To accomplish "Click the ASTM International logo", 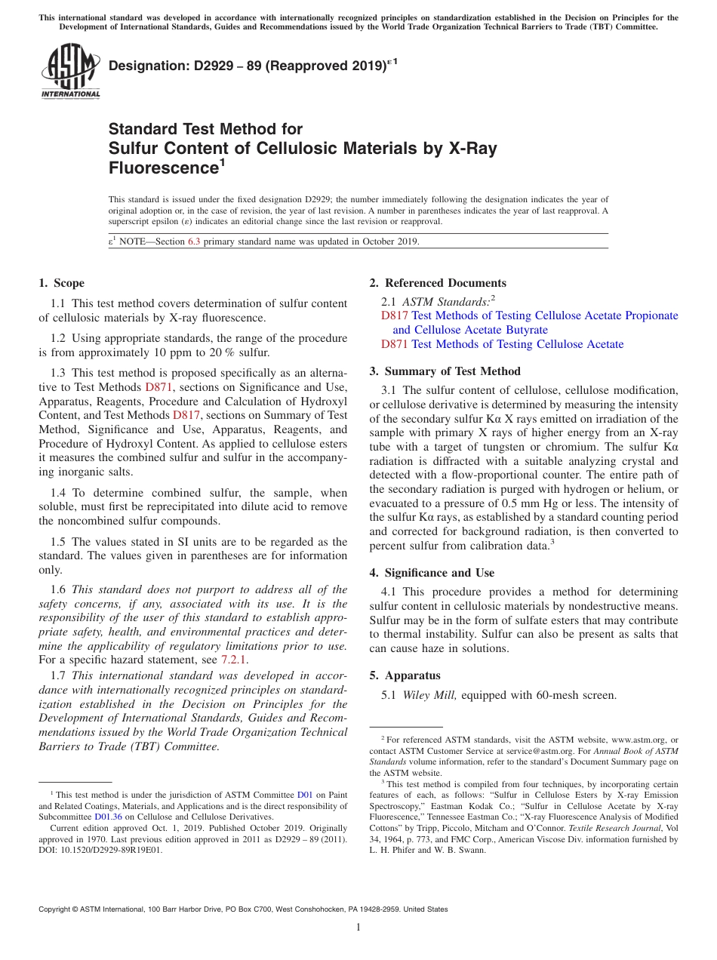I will click(x=69, y=72).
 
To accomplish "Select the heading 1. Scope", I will click(x=61, y=283).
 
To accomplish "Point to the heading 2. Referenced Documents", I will click(x=438, y=283).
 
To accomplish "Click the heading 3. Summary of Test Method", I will click(x=445, y=371).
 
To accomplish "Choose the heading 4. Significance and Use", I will click(x=432, y=573).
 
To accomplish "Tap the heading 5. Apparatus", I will click(x=405, y=675).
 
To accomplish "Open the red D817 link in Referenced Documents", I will click(x=395, y=315).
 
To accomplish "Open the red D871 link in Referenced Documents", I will click(x=395, y=344).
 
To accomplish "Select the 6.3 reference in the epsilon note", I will click(x=194, y=242).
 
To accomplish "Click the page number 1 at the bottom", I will click(x=358, y=928).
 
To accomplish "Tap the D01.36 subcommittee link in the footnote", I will click(x=108, y=817).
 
